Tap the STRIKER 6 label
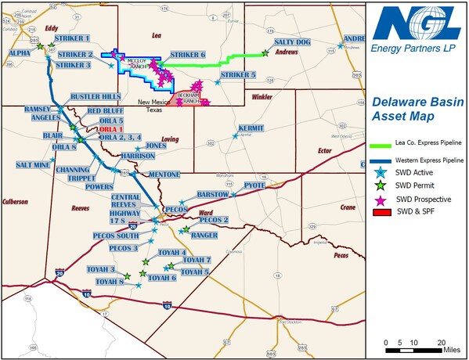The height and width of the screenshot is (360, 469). [x=188, y=55]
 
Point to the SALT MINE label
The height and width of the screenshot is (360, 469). [x=33, y=165]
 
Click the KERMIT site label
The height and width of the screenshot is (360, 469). [x=251, y=127]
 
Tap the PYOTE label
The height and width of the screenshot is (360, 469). [x=254, y=185]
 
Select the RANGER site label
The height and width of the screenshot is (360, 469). [x=204, y=235]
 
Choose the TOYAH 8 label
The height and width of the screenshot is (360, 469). [x=110, y=281]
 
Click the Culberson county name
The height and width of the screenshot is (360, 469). [x=15, y=201]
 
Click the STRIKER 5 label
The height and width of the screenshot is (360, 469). [x=238, y=74]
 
